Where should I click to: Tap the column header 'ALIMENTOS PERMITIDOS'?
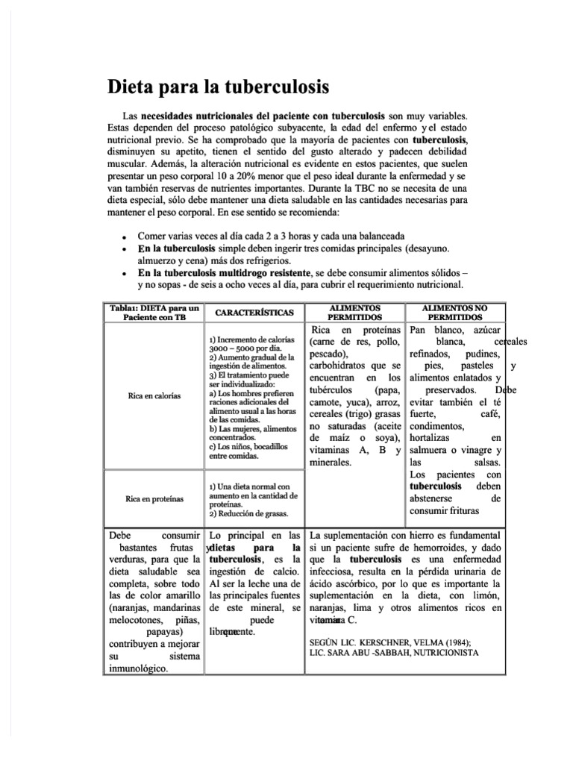coord(354,312)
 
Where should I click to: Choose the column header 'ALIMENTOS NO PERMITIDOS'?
coord(454,312)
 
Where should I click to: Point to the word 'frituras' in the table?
coord(477,511)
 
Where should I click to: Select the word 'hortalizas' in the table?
coord(435,439)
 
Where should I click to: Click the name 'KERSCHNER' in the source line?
coord(390,640)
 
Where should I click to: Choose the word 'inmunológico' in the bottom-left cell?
coord(138,668)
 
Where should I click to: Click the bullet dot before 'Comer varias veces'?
coord(123,237)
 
